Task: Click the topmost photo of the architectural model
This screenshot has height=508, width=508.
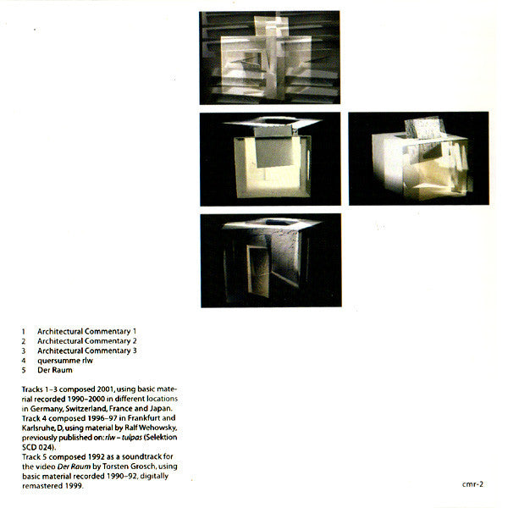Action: [x=270, y=58]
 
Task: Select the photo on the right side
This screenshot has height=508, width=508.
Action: [x=418, y=159]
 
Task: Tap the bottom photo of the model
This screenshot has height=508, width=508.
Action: [x=270, y=261]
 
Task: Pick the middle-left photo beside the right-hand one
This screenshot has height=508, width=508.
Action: [x=270, y=159]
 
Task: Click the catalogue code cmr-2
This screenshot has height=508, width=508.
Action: [x=472, y=485]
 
